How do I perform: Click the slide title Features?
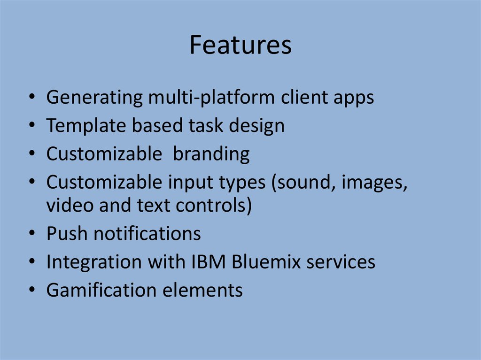click(x=240, y=46)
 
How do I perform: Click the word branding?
click(x=211, y=154)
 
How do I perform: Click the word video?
click(x=70, y=206)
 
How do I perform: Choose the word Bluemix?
click(x=266, y=262)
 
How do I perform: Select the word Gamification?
click(x=101, y=290)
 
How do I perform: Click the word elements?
click(x=203, y=290)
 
